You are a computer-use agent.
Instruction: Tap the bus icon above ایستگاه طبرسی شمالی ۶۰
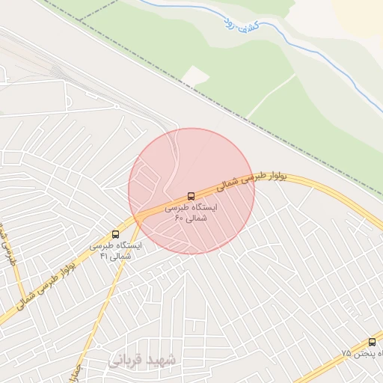(x=191, y=196)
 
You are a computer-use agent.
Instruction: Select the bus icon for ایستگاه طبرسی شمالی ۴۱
(x=114, y=234)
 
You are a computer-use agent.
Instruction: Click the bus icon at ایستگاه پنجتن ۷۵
(x=372, y=342)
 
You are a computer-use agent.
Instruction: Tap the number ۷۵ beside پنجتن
(x=346, y=352)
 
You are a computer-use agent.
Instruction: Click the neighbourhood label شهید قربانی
(x=143, y=361)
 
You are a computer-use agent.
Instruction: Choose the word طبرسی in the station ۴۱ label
(x=105, y=245)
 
